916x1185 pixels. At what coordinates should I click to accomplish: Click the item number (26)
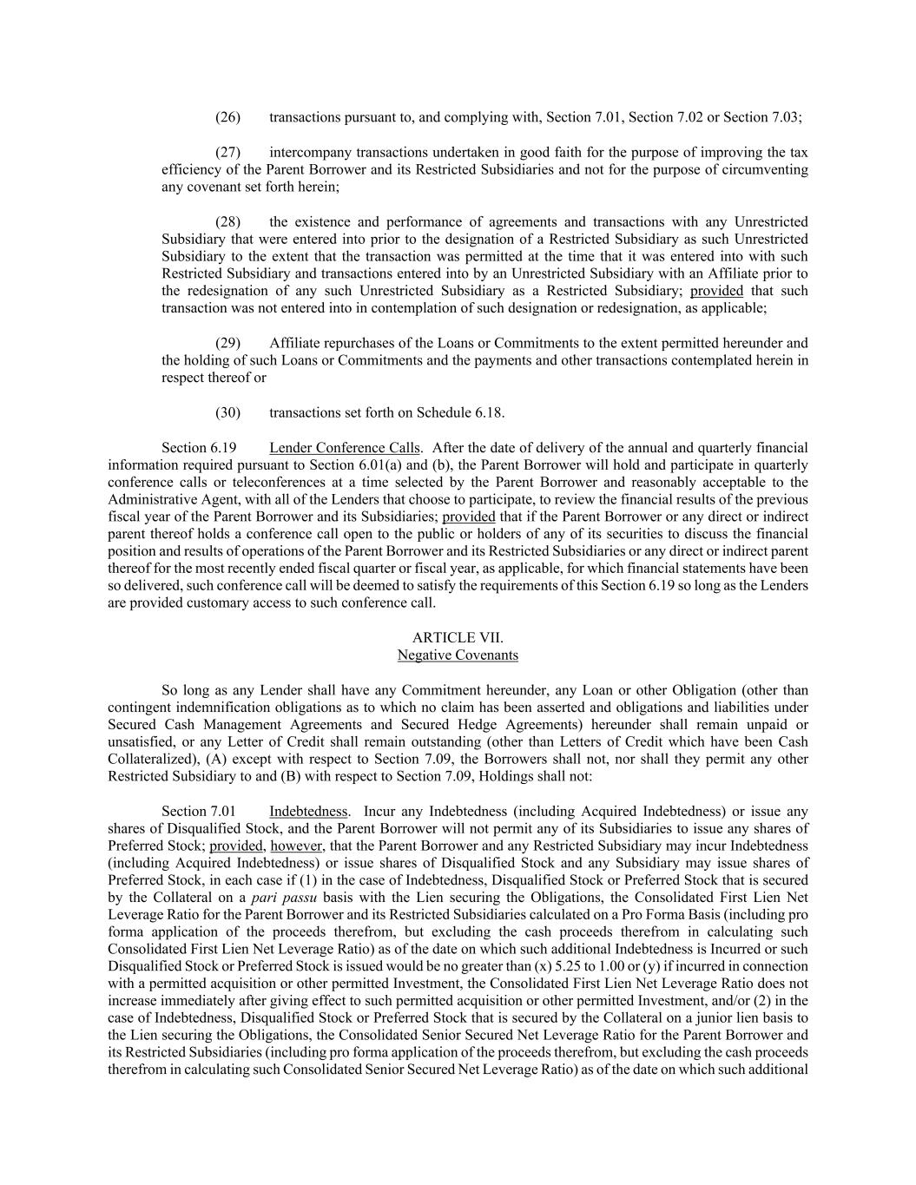coord(227,117)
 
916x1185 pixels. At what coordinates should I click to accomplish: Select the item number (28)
coord(227,221)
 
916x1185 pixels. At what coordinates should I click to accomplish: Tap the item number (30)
coord(227,412)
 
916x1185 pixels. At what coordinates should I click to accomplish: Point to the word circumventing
coord(763,169)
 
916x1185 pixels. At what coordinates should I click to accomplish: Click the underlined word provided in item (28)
coord(716,291)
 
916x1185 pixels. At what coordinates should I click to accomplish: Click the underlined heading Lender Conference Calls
coord(345,448)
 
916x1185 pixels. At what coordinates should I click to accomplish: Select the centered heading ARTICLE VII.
coord(458,638)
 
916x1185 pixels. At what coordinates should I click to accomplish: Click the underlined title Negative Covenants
coord(458,655)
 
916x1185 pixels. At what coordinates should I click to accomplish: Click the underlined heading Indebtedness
coord(308,812)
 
